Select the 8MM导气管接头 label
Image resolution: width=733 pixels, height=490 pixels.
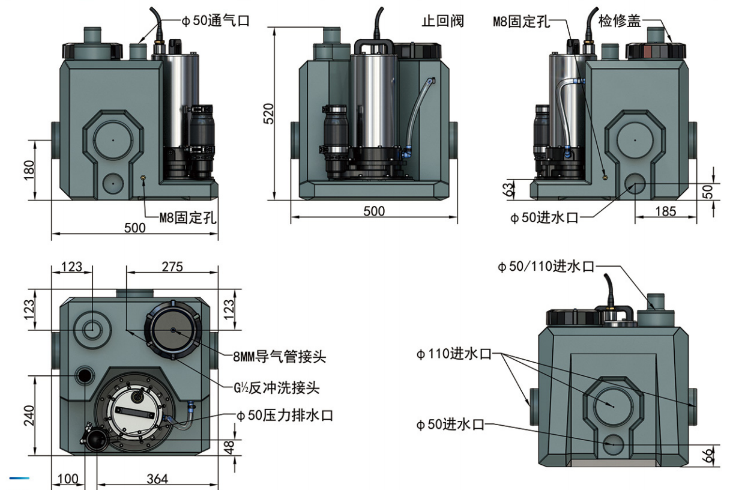point(279,357)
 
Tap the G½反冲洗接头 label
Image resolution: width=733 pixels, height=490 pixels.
point(277,388)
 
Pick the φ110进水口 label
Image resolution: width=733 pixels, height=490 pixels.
point(454,354)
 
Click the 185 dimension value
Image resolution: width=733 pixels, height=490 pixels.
point(665,211)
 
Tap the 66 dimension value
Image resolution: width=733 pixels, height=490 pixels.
point(709,456)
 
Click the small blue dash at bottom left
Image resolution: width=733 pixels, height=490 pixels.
point(19,478)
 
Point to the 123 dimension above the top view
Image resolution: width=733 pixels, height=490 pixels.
point(72,267)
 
